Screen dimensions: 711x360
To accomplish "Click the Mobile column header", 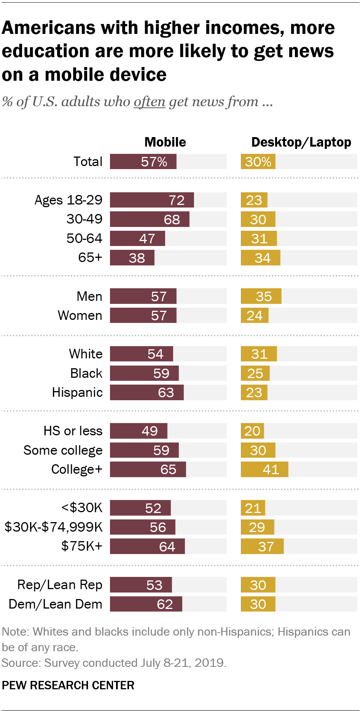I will point(165,142).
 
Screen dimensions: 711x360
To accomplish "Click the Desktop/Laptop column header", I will point(301,142).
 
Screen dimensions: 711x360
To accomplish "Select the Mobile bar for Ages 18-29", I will point(152,200).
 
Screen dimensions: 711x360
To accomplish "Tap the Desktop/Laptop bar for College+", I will point(264,469).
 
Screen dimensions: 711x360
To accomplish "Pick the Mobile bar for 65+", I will point(132,258).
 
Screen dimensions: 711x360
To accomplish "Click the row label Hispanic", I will point(77,392).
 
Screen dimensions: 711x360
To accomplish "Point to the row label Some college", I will point(63,450).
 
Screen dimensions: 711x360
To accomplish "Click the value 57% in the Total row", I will point(154,162).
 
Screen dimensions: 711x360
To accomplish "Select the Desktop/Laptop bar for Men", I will point(261,296).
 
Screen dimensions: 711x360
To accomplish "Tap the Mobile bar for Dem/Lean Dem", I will point(146,604).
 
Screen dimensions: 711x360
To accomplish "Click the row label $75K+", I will point(82,546).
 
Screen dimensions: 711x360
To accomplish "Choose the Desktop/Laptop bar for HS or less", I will point(252,431).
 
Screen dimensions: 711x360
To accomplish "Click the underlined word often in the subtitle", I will point(149,102).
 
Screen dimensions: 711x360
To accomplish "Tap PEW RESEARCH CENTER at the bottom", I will point(68,685).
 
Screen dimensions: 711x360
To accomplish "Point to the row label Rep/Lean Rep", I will point(60,585).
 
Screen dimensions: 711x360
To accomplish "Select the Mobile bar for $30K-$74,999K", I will point(143,527).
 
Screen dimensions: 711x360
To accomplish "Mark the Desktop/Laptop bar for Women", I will point(255,315).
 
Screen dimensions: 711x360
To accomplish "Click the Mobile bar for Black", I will point(144,373).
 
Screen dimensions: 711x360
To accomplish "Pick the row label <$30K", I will point(82,508).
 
